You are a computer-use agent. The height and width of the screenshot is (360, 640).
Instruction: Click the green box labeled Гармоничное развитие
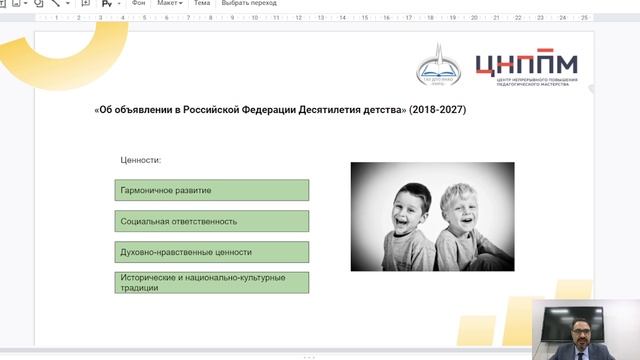tap(211, 190)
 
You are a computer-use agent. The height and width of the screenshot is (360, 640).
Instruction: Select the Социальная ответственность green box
tap(211, 221)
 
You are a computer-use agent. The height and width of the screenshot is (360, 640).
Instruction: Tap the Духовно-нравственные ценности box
tap(211, 252)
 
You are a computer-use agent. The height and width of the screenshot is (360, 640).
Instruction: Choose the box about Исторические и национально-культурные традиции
tap(211, 282)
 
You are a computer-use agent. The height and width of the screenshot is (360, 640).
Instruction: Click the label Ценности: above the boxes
tap(141, 160)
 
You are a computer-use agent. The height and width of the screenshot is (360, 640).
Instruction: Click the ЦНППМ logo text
tap(526, 63)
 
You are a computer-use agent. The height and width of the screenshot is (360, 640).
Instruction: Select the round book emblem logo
tap(440, 66)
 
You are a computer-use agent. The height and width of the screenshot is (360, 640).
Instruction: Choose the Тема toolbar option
tap(202, 4)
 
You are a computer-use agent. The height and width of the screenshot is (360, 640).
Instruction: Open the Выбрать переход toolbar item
tap(249, 4)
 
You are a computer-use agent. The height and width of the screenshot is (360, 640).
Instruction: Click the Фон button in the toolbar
tap(138, 4)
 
